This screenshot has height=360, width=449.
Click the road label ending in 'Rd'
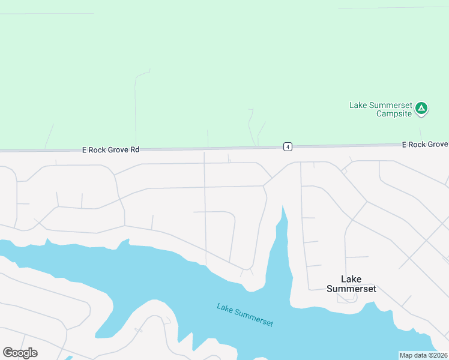point(110,150)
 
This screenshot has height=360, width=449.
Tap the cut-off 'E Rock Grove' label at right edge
point(425,145)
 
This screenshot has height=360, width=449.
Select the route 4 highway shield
point(288,146)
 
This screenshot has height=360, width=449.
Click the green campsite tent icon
point(421,108)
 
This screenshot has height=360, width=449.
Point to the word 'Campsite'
point(394,113)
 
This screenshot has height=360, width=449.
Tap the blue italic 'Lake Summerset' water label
point(245,315)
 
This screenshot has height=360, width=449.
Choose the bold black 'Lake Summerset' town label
point(351,284)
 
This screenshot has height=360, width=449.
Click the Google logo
point(20,353)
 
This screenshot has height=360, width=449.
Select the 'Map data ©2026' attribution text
point(424,355)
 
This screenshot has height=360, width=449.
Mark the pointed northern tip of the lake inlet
point(283,206)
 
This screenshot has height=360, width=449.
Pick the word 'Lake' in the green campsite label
point(358,105)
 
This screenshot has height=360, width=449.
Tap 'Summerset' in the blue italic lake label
point(254,317)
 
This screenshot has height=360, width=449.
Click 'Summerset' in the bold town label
point(351,289)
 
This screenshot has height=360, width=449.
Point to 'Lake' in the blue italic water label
point(224,308)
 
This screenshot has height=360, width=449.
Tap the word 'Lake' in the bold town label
point(351,279)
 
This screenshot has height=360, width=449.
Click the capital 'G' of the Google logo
point(8,352)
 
